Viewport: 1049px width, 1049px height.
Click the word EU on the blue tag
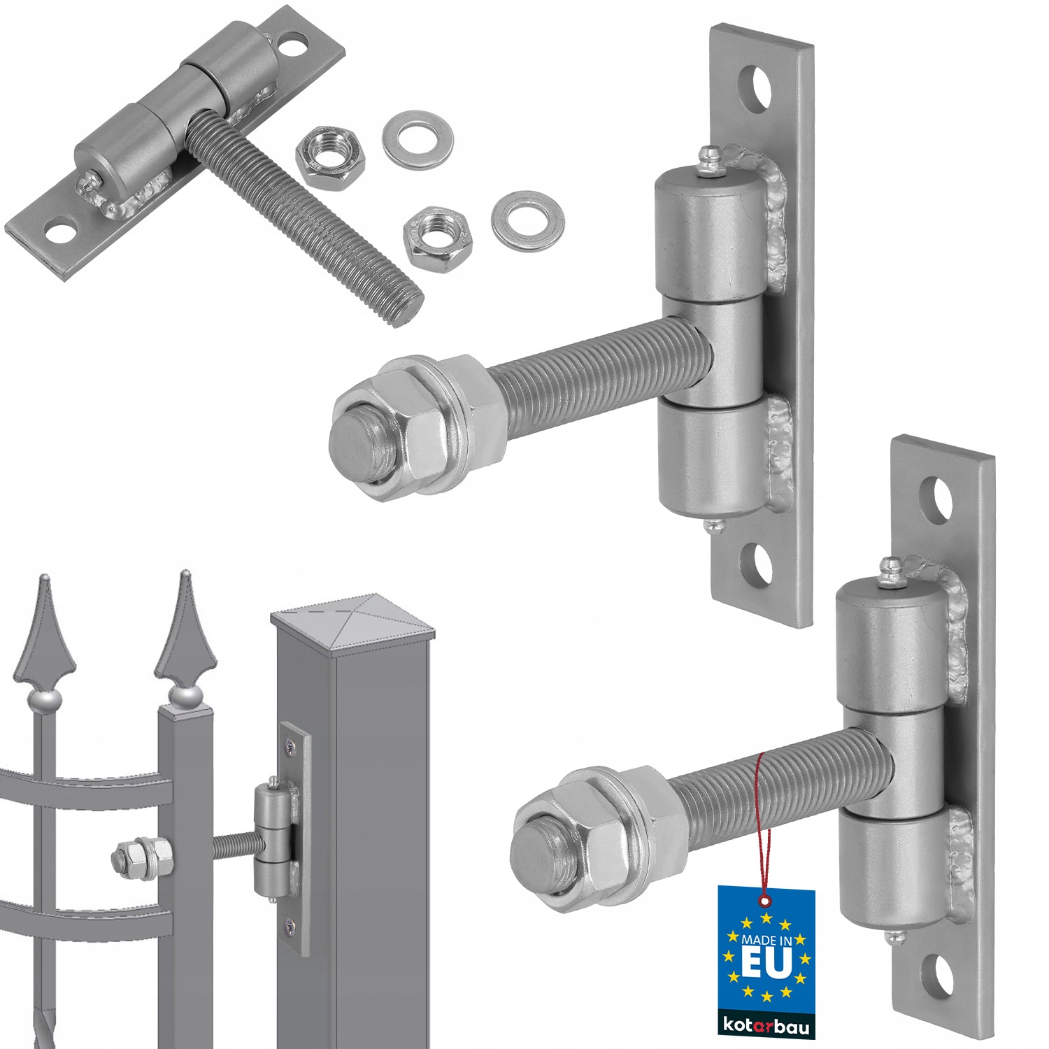766,963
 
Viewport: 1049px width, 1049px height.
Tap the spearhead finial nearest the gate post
184,633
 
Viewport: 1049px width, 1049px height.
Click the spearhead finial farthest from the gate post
45,633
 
